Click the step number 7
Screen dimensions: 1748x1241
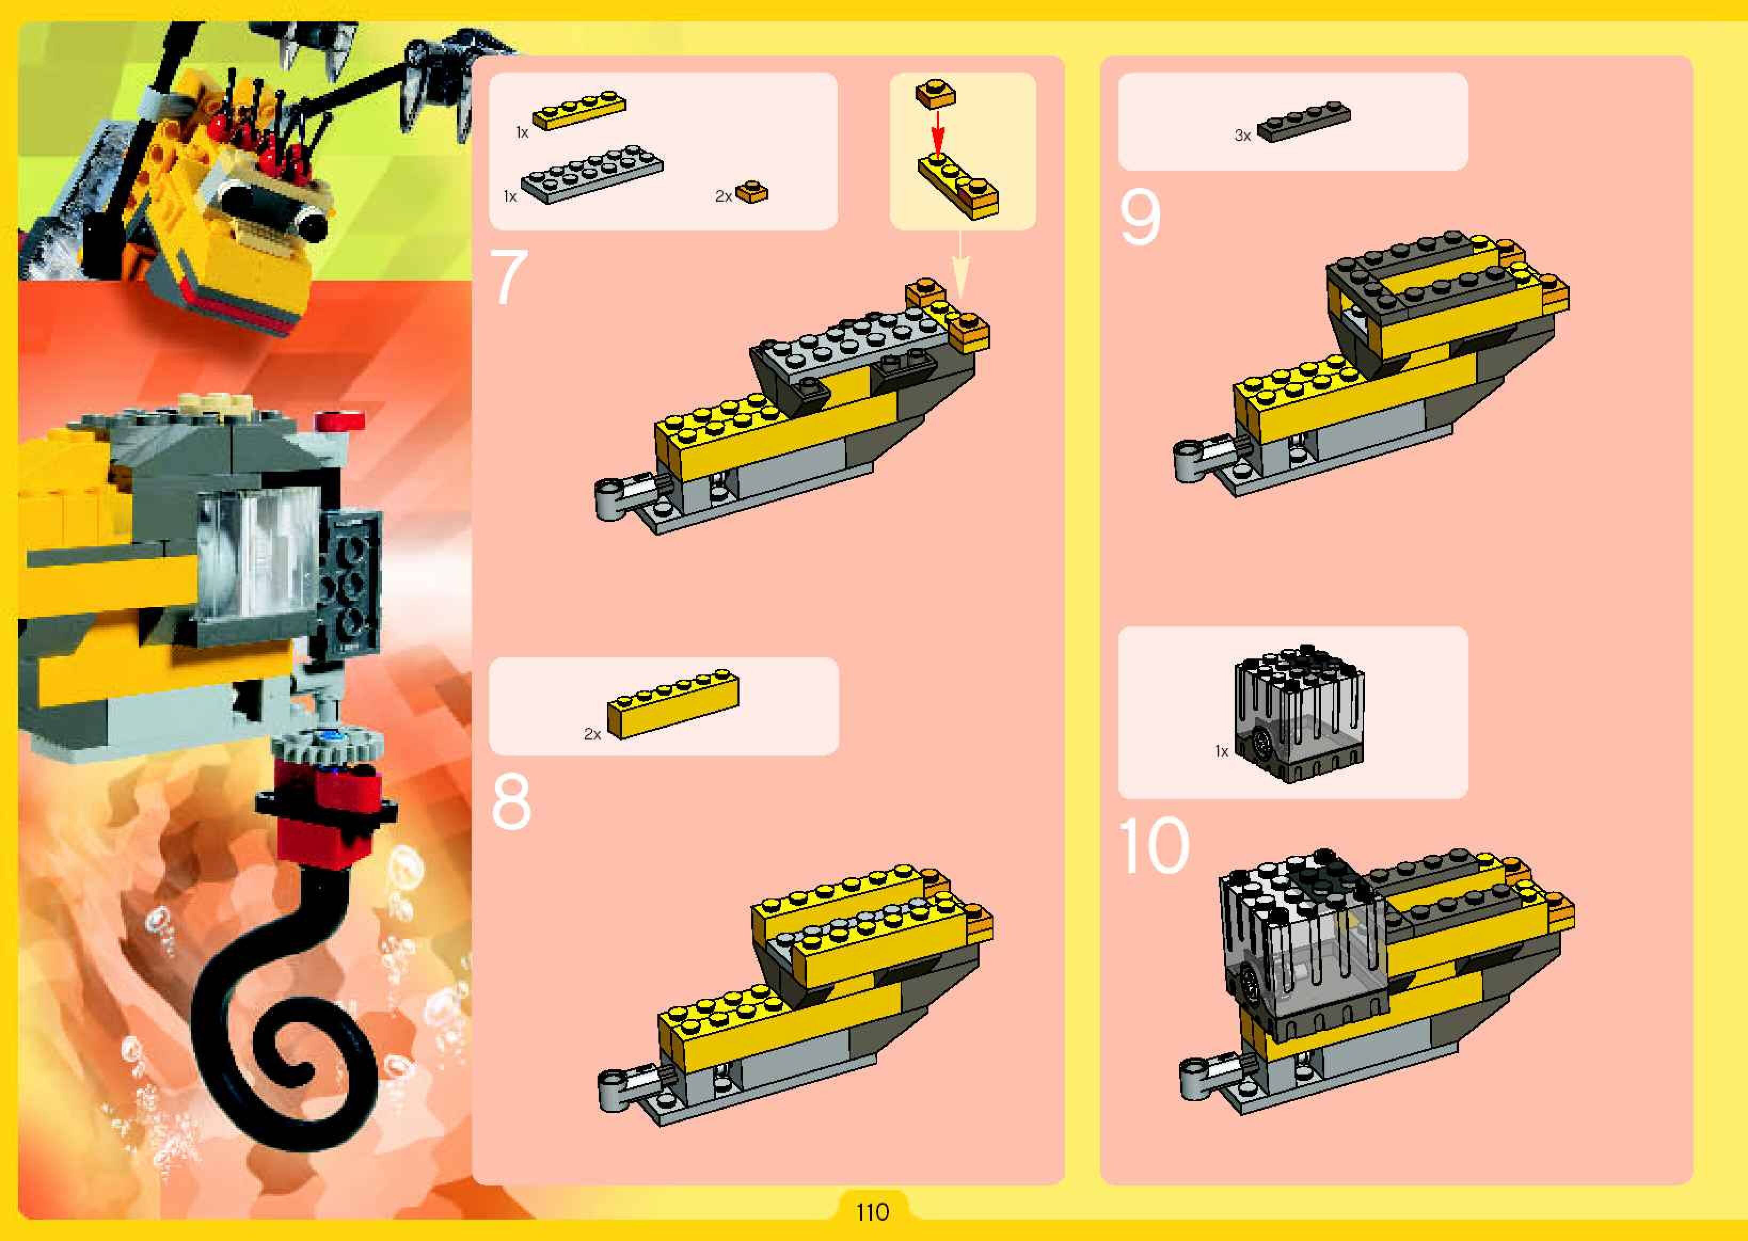click(x=508, y=276)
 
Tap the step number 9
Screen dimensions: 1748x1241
click(x=1140, y=217)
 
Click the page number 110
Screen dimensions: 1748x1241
click(x=872, y=1212)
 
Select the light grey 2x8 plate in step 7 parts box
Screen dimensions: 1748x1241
click(x=592, y=174)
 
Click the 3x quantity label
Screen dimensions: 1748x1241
click(x=1243, y=136)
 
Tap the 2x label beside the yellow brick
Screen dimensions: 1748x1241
click(x=592, y=734)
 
